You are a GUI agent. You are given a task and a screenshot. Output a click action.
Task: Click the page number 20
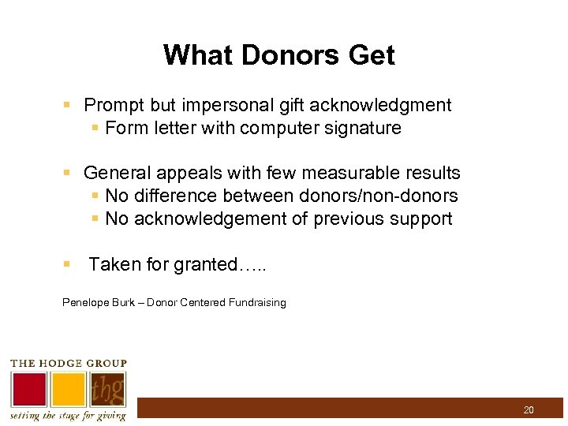tap(528, 409)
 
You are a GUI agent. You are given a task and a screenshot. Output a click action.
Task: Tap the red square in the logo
tap(28, 390)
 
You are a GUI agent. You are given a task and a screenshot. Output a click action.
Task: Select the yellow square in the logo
tap(69, 390)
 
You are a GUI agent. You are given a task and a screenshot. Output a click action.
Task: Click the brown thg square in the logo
tap(107, 390)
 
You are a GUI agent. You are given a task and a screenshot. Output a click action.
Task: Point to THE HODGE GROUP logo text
tap(68, 363)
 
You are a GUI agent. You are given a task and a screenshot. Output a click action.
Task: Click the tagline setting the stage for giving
tap(68, 416)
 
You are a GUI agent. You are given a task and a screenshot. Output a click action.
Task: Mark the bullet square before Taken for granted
tap(67, 265)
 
